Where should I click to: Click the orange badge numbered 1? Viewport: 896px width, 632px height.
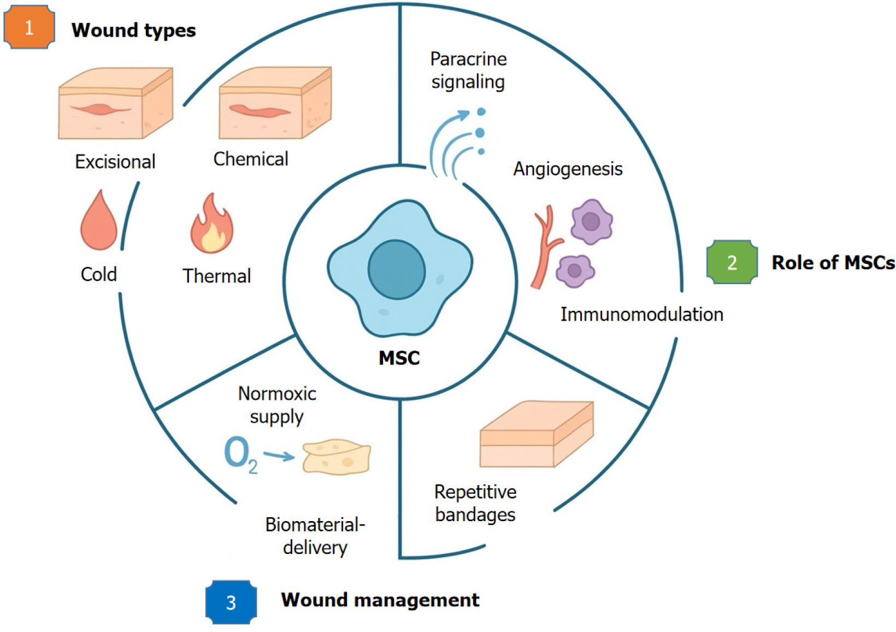pos(29,27)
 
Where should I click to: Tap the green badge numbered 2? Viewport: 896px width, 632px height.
pos(732,262)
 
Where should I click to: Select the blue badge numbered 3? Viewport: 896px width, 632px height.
pos(231,602)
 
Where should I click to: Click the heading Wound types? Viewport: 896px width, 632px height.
pos(133,30)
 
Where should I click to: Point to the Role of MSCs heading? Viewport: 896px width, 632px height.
pos(833,263)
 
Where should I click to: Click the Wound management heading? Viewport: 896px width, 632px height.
pos(380,600)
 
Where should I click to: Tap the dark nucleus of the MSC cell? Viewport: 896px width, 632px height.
pos(397,270)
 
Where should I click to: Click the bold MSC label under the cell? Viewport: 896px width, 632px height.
pos(399,358)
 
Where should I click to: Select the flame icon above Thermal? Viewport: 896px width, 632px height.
pos(212,225)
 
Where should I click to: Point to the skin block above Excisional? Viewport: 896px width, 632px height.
pos(115,104)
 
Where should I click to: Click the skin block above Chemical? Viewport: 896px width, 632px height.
pos(275,104)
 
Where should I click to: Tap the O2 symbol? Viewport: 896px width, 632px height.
pos(240,454)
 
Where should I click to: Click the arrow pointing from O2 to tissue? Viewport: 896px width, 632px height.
pos(279,454)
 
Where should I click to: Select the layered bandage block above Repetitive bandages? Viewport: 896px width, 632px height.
pos(536,435)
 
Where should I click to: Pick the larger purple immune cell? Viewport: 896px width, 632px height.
pos(591,221)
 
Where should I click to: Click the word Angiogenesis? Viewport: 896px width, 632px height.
pos(568,169)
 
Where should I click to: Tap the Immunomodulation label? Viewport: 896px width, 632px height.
pos(641,314)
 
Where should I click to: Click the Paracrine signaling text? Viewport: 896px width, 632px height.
pos(468,70)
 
